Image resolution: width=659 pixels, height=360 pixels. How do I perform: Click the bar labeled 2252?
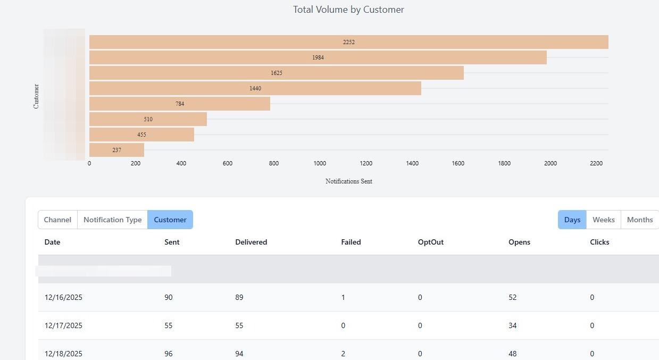click(348, 42)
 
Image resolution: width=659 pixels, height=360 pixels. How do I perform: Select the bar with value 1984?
click(318, 57)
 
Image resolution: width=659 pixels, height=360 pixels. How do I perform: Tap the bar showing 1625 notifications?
click(277, 73)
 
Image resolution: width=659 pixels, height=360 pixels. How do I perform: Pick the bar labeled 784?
click(180, 104)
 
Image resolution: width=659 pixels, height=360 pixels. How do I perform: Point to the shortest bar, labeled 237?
click(116, 150)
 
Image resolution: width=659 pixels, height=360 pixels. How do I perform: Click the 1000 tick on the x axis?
click(320, 164)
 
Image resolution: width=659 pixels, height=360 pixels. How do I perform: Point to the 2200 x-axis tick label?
click(596, 164)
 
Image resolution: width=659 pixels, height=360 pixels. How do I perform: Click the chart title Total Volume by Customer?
click(348, 10)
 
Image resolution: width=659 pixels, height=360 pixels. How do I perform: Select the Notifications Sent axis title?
click(348, 181)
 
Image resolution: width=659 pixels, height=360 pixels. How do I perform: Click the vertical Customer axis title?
click(36, 96)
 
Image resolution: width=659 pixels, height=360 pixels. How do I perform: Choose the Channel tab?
click(57, 220)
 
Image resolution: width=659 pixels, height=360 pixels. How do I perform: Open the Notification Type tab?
click(112, 220)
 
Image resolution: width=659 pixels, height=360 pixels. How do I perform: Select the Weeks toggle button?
click(604, 220)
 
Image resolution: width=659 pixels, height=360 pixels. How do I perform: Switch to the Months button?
click(640, 220)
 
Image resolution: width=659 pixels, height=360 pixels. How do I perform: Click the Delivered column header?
click(251, 242)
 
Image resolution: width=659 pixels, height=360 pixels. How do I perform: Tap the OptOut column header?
click(430, 242)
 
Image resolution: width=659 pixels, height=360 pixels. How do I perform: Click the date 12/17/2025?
click(63, 325)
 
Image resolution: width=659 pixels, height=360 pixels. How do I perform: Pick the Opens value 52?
click(513, 297)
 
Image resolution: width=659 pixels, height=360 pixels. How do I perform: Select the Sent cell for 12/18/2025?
click(169, 354)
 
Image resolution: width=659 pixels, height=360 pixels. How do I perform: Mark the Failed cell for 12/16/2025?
click(343, 297)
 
